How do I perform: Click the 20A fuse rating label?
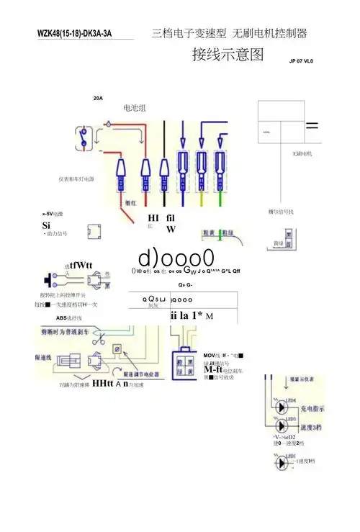(98, 98)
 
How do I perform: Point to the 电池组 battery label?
(135, 108)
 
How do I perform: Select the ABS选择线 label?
(69, 317)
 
